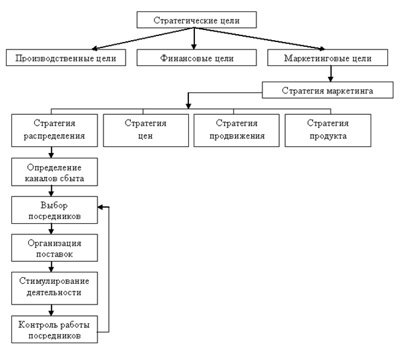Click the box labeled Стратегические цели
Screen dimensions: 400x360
coord(196,19)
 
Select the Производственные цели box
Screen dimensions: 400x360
coord(66,57)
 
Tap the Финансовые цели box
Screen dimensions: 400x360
coord(196,57)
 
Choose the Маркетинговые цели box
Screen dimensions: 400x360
coord(328,57)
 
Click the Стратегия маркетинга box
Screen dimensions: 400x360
coord(328,89)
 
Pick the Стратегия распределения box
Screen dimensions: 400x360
coord(54,130)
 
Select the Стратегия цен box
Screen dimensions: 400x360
coord(146,130)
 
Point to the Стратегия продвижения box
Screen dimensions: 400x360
coord(236,130)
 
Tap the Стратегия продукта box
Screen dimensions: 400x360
coord(328,130)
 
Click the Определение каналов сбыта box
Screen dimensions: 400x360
coord(54,172)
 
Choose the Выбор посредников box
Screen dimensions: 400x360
coord(54,210)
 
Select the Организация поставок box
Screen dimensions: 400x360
coord(54,248)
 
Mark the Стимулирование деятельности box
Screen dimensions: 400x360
coord(54,288)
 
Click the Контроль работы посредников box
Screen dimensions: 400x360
coord(54,329)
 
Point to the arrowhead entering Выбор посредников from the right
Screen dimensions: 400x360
coord(100,207)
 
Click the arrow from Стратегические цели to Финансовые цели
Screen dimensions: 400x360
coord(194,39)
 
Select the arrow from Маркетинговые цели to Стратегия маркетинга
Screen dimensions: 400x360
coord(331,73)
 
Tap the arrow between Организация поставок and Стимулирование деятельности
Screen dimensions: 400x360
coord(51,266)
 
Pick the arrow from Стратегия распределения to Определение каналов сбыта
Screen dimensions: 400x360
coord(51,152)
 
